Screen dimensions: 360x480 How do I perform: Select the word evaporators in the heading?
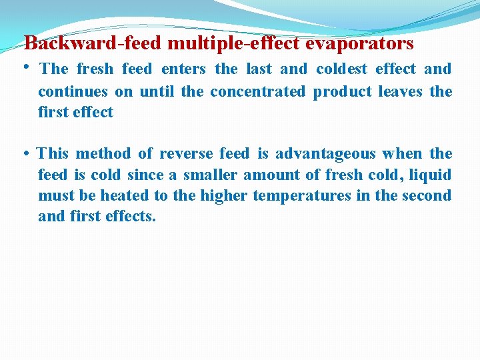tap(359, 44)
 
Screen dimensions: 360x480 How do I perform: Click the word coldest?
tap(342, 69)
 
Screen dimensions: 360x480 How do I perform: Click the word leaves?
tap(400, 91)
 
